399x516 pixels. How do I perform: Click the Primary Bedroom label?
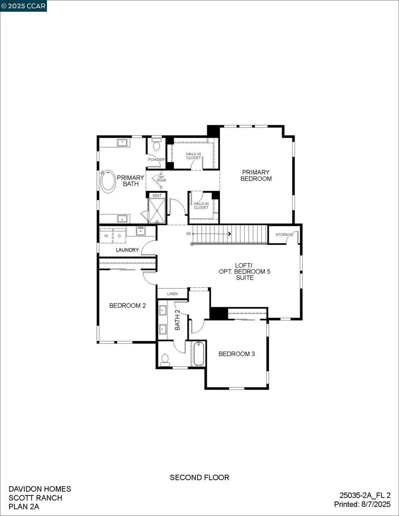click(256, 175)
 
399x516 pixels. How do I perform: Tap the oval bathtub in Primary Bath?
click(108, 181)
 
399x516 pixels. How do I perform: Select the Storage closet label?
click(284, 235)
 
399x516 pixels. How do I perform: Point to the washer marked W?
click(106, 236)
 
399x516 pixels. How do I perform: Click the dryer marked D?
click(120, 236)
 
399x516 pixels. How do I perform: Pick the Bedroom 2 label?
click(128, 305)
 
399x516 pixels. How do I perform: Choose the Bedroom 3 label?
click(237, 354)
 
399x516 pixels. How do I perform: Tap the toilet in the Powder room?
click(156, 145)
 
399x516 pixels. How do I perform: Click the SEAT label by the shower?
click(157, 196)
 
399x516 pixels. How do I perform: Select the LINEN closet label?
click(173, 293)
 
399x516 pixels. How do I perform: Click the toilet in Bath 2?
click(165, 359)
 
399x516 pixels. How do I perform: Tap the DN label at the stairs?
click(188, 234)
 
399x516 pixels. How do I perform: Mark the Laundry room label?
click(127, 250)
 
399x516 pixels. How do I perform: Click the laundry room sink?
click(140, 231)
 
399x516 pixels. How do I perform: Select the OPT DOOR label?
click(161, 178)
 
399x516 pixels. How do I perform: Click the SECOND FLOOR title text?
click(199, 477)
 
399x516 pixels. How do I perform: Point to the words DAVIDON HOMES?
click(40, 489)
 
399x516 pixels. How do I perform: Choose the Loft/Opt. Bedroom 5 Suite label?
click(245, 271)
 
